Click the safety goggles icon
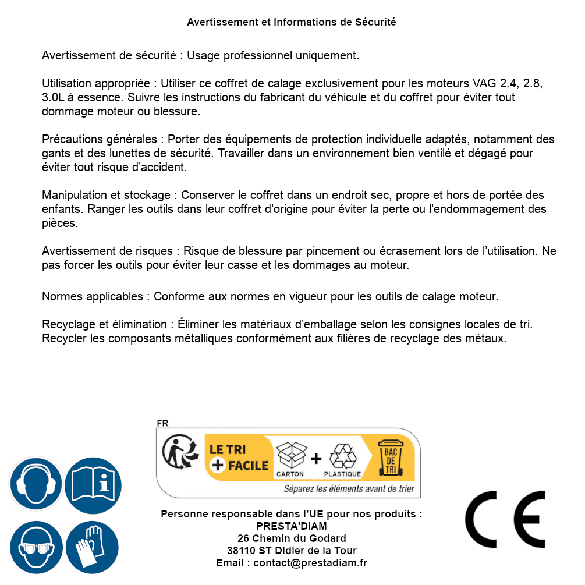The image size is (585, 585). point(36,548)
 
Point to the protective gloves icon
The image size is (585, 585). point(93,548)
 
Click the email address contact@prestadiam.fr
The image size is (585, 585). point(310,563)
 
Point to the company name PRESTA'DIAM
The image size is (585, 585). point(292,526)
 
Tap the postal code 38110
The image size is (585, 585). point(240,551)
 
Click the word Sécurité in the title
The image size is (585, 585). point(375,22)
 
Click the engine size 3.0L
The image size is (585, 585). point(55,97)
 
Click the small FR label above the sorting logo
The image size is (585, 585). point(162,423)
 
